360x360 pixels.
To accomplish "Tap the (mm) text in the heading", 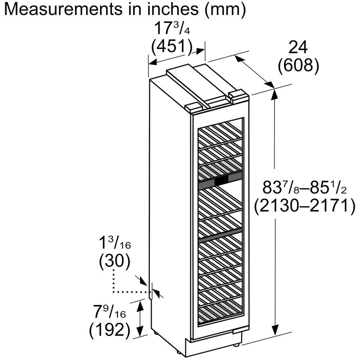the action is pyautogui.click(x=225, y=9).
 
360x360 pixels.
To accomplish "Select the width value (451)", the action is pyautogui.click(x=171, y=47).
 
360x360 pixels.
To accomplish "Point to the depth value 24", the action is pyautogui.click(x=298, y=48).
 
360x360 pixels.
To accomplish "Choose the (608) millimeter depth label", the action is pyautogui.click(x=298, y=66).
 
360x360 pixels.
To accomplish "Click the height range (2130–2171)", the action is pyautogui.click(x=305, y=206).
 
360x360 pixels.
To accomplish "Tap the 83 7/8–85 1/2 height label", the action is pyautogui.click(x=305, y=187).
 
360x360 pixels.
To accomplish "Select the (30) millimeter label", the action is pyautogui.click(x=115, y=261).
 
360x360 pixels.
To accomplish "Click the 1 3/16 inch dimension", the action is pyautogui.click(x=115, y=243).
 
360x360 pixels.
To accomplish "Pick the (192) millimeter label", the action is pyautogui.click(x=109, y=330).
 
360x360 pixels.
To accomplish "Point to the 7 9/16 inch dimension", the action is pyautogui.click(x=109, y=311).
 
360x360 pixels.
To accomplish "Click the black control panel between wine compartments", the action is pyautogui.click(x=221, y=181).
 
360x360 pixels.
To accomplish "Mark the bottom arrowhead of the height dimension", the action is pyautogui.click(x=275, y=330).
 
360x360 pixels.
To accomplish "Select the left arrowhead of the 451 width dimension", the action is pyautogui.click(x=153, y=62).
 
